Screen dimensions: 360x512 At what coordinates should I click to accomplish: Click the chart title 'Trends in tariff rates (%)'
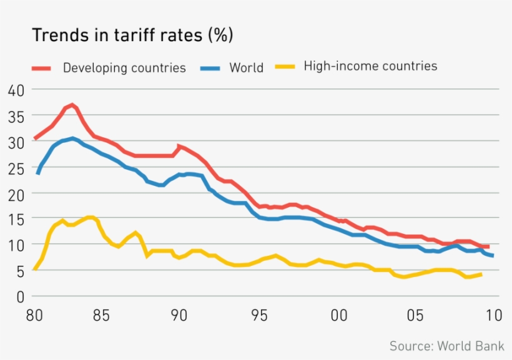(132, 36)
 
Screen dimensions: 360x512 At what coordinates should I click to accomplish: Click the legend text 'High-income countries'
(370, 66)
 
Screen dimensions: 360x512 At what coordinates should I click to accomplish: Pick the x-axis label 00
(339, 316)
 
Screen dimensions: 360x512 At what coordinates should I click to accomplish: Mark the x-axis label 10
(493, 316)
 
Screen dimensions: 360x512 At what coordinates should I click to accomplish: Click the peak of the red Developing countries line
(72, 105)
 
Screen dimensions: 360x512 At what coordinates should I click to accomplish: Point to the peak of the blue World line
(72, 139)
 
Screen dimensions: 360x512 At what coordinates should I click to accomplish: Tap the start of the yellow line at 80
(35, 269)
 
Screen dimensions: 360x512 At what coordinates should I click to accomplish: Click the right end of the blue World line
(493, 256)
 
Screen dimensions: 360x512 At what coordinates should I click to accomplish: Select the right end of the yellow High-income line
(480, 274)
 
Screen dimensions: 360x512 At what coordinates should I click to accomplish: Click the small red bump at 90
(179, 147)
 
